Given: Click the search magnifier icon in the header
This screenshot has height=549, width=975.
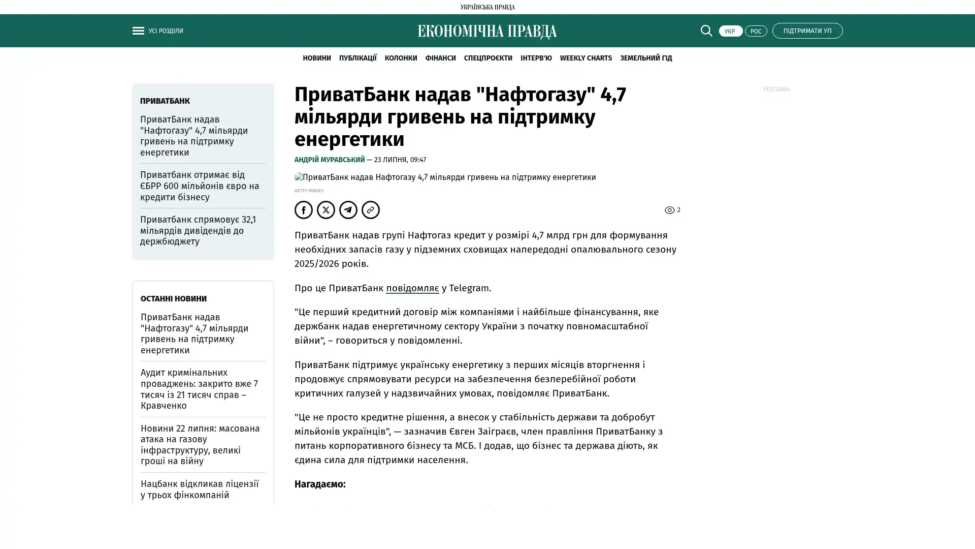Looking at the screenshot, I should (706, 30).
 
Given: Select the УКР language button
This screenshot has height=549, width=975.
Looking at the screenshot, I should (730, 31).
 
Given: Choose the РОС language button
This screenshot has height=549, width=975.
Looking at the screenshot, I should (756, 31).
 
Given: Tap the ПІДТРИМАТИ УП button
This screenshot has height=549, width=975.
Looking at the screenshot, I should (807, 30).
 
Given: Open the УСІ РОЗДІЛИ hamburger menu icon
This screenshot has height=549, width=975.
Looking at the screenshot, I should (138, 30).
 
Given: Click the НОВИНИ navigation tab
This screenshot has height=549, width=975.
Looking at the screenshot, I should (316, 58).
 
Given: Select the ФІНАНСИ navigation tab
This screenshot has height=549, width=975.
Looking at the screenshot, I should (440, 58).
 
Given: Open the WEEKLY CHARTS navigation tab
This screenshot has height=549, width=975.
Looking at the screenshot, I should (586, 58).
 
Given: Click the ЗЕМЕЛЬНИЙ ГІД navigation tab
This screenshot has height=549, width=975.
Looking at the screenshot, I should (645, 58).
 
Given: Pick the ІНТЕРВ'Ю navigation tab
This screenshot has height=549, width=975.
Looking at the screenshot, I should (536, 58).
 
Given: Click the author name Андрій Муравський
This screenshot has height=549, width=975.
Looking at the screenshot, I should (330, 160).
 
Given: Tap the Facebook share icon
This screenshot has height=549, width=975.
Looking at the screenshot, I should (304, 210).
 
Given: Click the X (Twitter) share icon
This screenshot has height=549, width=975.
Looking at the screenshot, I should (326, 210).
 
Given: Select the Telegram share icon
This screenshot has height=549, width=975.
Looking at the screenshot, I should (348, 210).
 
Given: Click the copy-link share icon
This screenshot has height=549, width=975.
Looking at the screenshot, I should (371, 210).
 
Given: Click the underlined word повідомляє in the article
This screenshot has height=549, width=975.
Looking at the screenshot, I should (412, 288).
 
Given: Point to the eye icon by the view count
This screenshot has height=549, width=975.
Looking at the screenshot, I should (669, 210).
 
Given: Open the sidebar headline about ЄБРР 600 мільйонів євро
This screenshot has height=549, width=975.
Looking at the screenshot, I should (200, 186).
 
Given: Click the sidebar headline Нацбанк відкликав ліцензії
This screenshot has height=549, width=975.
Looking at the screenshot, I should (200, 489).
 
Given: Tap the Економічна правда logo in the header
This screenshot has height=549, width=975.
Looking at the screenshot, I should (487, 32).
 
